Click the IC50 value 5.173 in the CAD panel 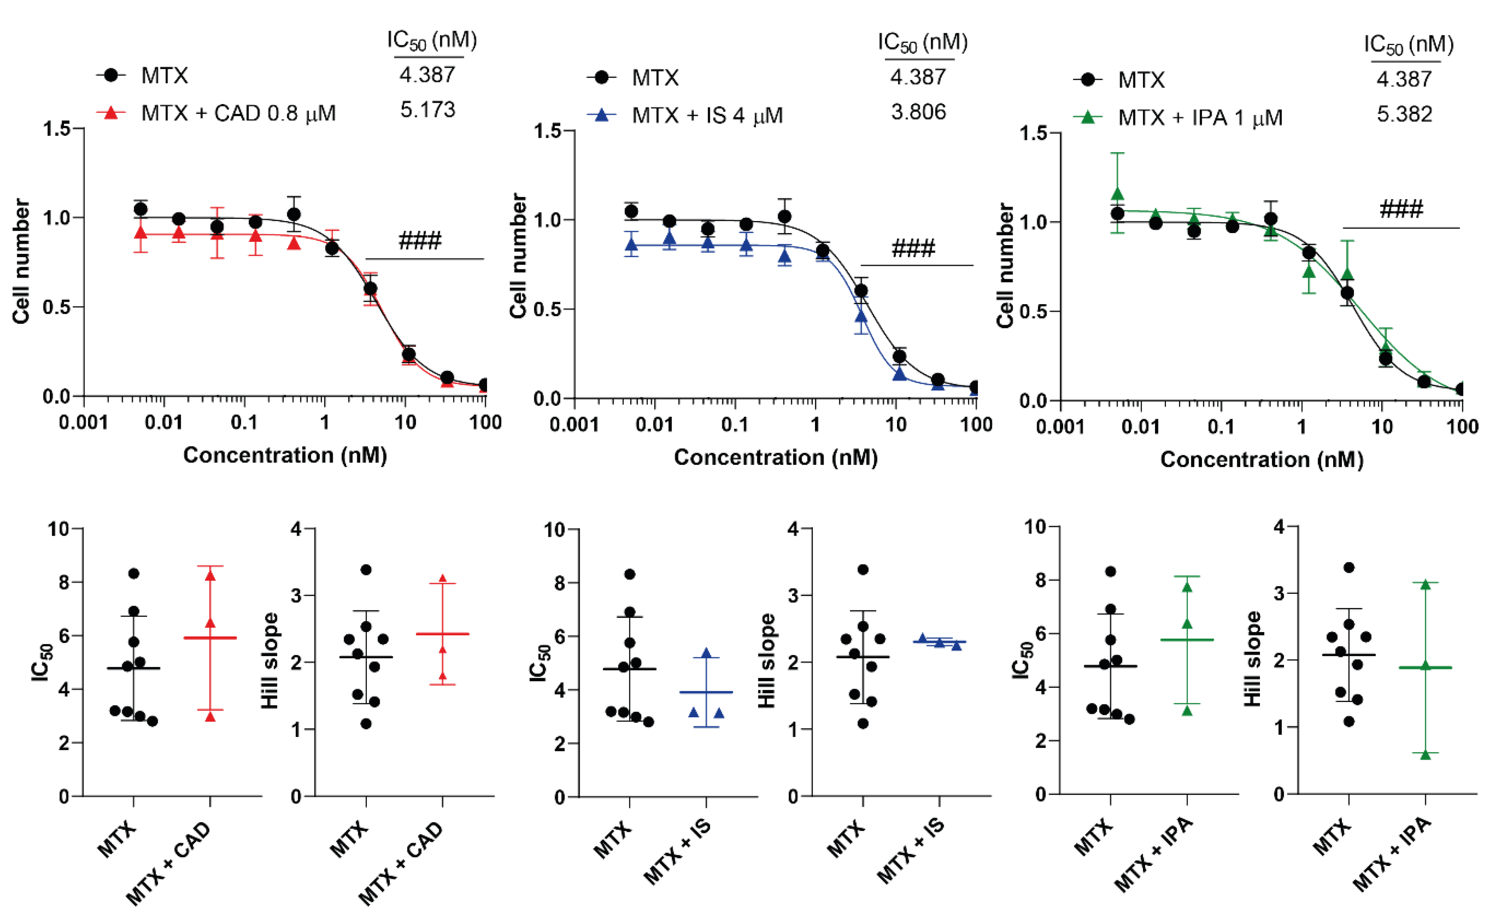coord(427,110)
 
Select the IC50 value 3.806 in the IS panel coord(918,113)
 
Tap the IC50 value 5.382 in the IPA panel coord(1404,114)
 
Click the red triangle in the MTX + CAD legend coord(111,113)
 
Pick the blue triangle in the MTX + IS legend coord(601,115)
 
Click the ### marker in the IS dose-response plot coord(913,249)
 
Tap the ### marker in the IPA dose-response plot coord(1401,210)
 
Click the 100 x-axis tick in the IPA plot coord(1461,427)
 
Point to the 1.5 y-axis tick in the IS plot coord(547,131)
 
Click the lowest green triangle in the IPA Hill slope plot coord(1425,754)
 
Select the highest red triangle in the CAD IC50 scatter coord(210,575)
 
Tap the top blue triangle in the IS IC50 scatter coord(706,653)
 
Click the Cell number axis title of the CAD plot coord(22,261)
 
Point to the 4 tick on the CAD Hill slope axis coord(296,529)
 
